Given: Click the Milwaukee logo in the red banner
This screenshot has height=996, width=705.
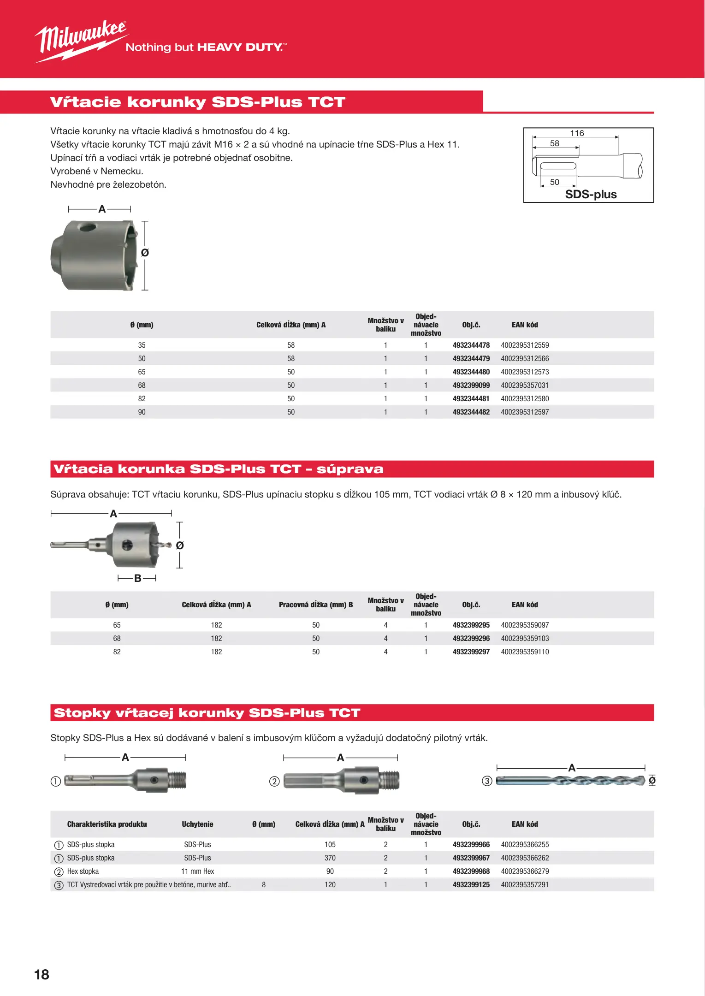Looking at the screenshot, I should (81, 41).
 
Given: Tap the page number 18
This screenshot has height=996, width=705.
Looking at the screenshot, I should (41, 974).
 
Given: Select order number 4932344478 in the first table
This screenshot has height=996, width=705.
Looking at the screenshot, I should (471, 345).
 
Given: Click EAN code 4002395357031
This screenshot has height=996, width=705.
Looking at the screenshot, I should (525, 385).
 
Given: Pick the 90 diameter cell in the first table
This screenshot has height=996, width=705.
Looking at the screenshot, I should (142, 412).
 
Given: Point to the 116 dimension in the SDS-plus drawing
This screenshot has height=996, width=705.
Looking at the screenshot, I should (577, 133).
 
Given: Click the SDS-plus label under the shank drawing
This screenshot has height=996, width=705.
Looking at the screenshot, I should (591, 195).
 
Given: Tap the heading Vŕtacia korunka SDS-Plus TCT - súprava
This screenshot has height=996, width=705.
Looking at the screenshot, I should (218, 469).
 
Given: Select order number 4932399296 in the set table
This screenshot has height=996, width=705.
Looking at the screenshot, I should (471, 639).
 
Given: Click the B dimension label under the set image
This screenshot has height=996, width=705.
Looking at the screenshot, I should (137, 578).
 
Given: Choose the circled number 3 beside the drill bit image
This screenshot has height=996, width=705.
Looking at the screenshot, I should (487, 781).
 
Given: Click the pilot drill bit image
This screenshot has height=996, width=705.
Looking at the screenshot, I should (570, 781).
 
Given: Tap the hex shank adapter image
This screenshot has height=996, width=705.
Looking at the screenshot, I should (341, 781).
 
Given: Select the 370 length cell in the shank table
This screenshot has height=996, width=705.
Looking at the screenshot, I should (330, 858).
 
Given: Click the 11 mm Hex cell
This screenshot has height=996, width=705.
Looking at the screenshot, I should (197, 871).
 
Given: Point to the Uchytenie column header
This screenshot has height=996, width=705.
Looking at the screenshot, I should (197, 824).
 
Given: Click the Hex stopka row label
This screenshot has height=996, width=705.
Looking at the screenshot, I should (83, 871).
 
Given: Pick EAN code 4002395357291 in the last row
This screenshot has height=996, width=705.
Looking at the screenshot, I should (525, 885).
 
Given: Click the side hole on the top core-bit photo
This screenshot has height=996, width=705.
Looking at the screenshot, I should (87, 227).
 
